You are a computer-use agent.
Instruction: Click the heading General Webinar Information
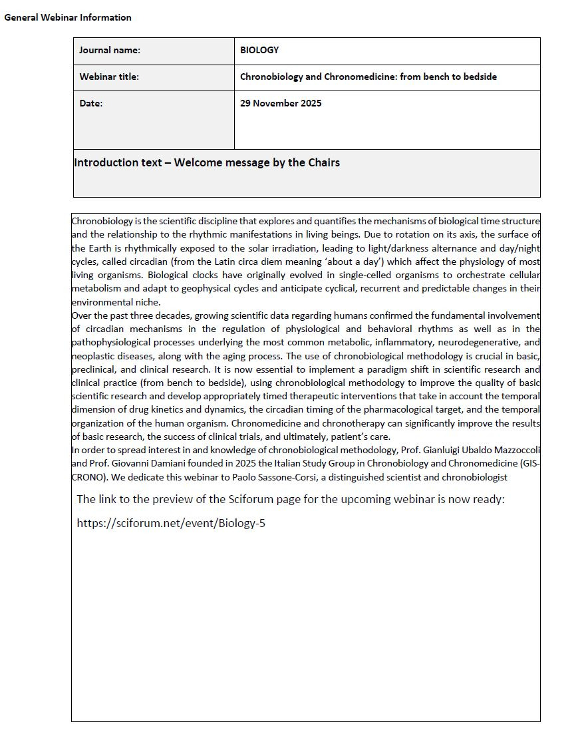(68, 17)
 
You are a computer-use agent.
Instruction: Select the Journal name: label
(110, 50)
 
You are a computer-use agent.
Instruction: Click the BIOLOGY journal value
(259, 50)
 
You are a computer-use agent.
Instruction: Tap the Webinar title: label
(109, 77)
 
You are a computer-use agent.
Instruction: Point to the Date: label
(91, 103)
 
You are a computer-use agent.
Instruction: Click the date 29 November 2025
(281, 103)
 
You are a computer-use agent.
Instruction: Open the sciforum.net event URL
(171, 523)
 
